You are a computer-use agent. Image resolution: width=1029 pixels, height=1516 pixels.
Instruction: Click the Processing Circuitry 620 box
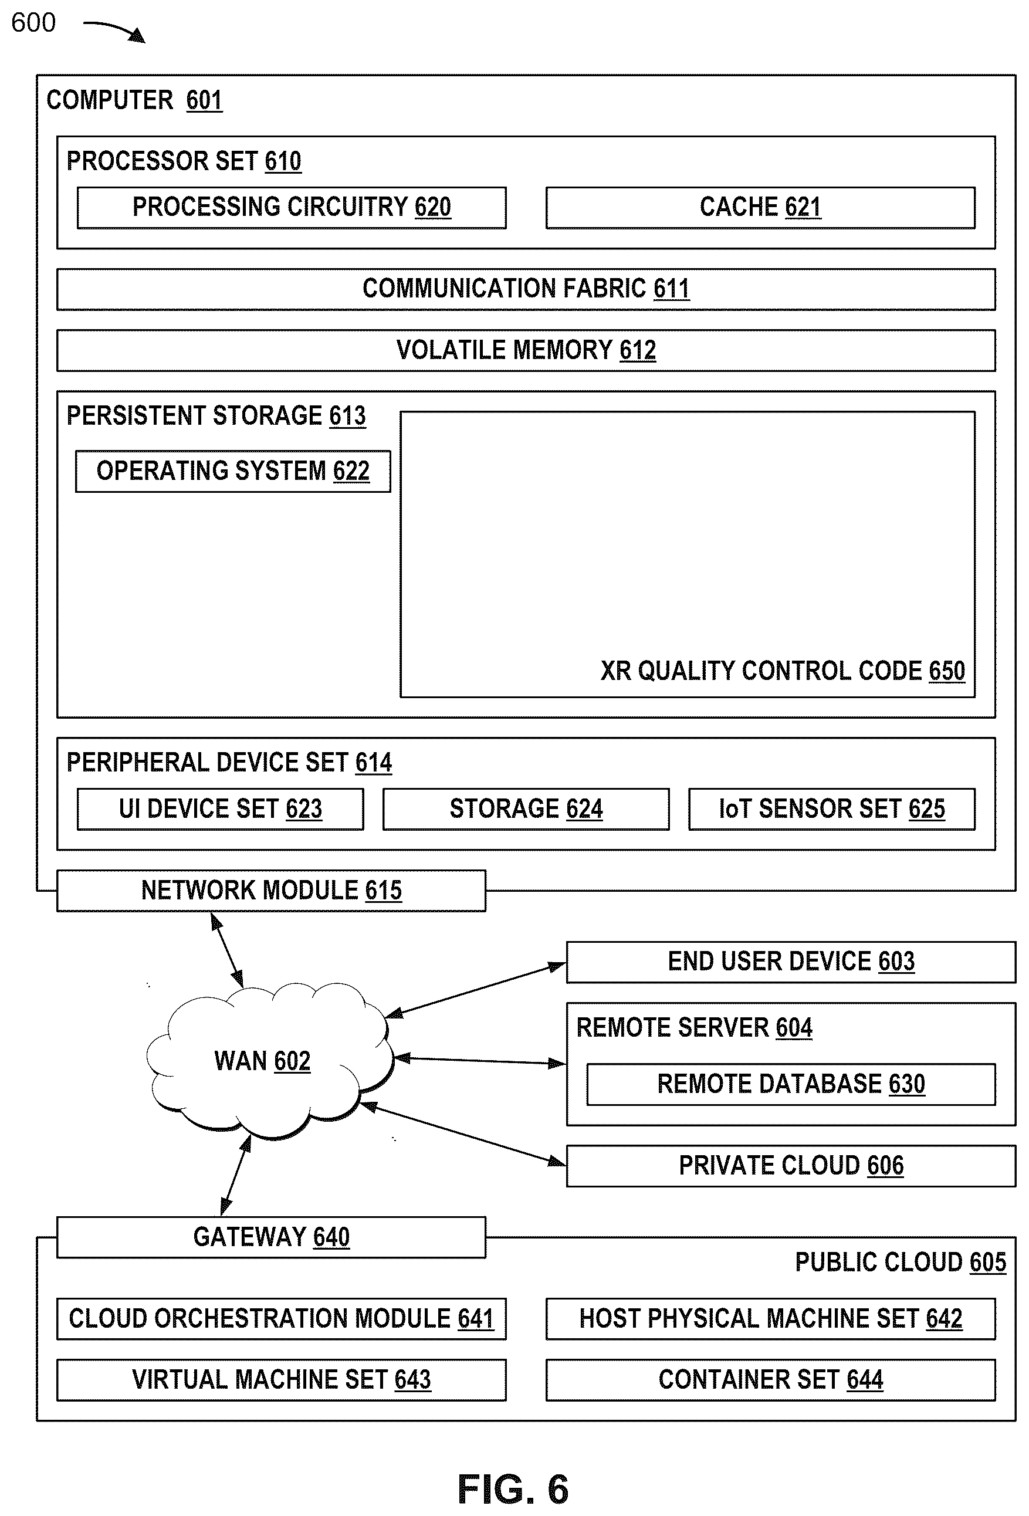tap(292, 208)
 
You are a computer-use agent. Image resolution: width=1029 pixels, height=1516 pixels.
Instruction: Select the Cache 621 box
tap(760, 208)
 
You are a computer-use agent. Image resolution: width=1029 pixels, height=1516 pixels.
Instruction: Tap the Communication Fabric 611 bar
tap(526, 289)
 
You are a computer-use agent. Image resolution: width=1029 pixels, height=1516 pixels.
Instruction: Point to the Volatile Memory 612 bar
tap(526, 350)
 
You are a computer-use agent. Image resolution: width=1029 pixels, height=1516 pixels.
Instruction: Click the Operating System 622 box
tap(233, 471)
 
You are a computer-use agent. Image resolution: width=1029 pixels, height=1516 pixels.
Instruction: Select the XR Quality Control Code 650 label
tap(783, 671)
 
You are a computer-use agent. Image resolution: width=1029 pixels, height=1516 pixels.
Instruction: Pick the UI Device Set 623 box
tap(221, 809)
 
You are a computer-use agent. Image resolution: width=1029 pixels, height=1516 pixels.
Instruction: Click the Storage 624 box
tap(526, 809)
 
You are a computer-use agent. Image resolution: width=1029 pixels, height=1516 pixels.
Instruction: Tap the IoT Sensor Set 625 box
tap(831, 809)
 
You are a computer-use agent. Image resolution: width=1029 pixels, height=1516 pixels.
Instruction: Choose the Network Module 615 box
tap(271, 891)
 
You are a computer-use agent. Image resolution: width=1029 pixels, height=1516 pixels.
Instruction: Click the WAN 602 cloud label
tap(262, 1061)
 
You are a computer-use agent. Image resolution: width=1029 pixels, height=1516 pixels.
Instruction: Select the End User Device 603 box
tap(791, 962)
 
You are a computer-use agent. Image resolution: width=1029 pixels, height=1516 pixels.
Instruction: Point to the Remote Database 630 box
tap(791, 1084)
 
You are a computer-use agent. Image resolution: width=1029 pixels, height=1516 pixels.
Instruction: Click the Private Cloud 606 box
tap(791, 1166)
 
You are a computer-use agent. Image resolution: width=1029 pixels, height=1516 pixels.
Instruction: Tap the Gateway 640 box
tap(271, 1237)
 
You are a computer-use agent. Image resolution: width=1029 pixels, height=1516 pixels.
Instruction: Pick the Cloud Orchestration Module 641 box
tap(281, 1318)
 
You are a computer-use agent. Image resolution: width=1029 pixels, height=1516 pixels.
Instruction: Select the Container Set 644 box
tap(771, 1380)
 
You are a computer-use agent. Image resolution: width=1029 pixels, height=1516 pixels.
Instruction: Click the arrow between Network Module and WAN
tap(227, 949)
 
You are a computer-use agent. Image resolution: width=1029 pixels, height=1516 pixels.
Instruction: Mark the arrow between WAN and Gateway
tap(236, 1175)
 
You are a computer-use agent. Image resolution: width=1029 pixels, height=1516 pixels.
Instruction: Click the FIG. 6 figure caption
tap(513, 1490)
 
